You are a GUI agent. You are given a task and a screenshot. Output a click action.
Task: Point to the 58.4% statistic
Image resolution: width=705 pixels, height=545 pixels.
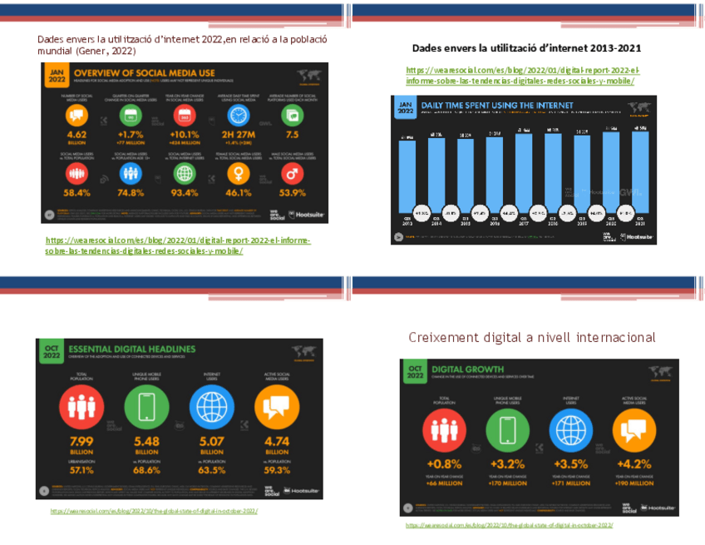click(76, 192)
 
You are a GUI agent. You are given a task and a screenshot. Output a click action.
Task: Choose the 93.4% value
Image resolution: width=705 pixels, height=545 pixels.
click(181, 192)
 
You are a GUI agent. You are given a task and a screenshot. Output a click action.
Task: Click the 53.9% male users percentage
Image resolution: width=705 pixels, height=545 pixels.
click(290, 192)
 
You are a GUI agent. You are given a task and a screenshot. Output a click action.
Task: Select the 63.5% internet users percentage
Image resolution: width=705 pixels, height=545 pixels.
click(211, 469)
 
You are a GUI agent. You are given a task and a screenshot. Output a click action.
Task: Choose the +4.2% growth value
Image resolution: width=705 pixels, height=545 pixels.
click(634, 463)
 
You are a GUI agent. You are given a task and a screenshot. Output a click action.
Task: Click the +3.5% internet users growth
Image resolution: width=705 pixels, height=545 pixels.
click(570, 463)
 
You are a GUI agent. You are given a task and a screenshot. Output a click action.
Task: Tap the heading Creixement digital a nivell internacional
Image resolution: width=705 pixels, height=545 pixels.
click(531, 337)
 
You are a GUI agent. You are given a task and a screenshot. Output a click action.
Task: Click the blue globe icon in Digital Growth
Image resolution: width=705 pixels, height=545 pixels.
click(570, 429)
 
